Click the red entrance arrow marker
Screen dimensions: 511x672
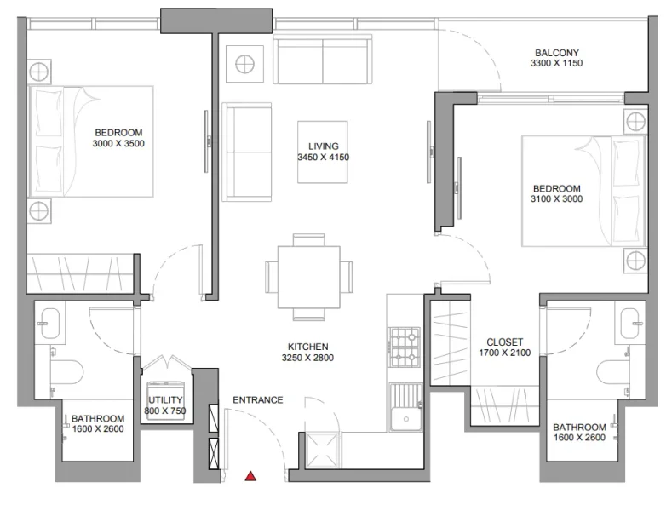[250, 477]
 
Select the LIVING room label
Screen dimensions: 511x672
[324, 146]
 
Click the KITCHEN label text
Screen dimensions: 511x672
[308, 347]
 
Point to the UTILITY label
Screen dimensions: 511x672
[165, 399]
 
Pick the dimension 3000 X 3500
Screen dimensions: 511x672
[118, 144]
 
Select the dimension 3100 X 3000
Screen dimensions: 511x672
[556, 200]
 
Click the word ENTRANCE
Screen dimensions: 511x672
[257, 399]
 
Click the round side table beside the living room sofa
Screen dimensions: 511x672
[245, 64]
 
